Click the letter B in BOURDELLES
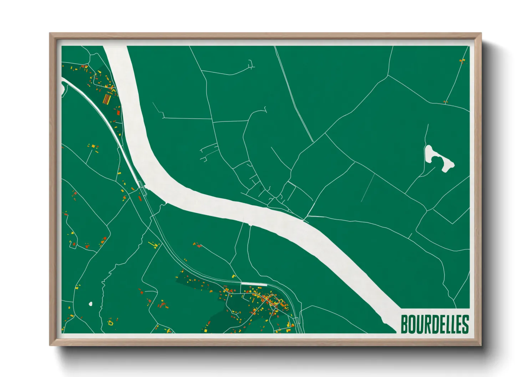[x=405, y=324]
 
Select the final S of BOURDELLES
[x=465, y=324]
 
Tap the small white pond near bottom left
[x=90, y=304]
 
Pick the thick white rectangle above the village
[x=254, y=284]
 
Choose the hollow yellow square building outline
[x=110, y=323]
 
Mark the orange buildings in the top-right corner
[x=462, y=61]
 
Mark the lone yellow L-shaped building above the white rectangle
[x=234, y=276]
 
